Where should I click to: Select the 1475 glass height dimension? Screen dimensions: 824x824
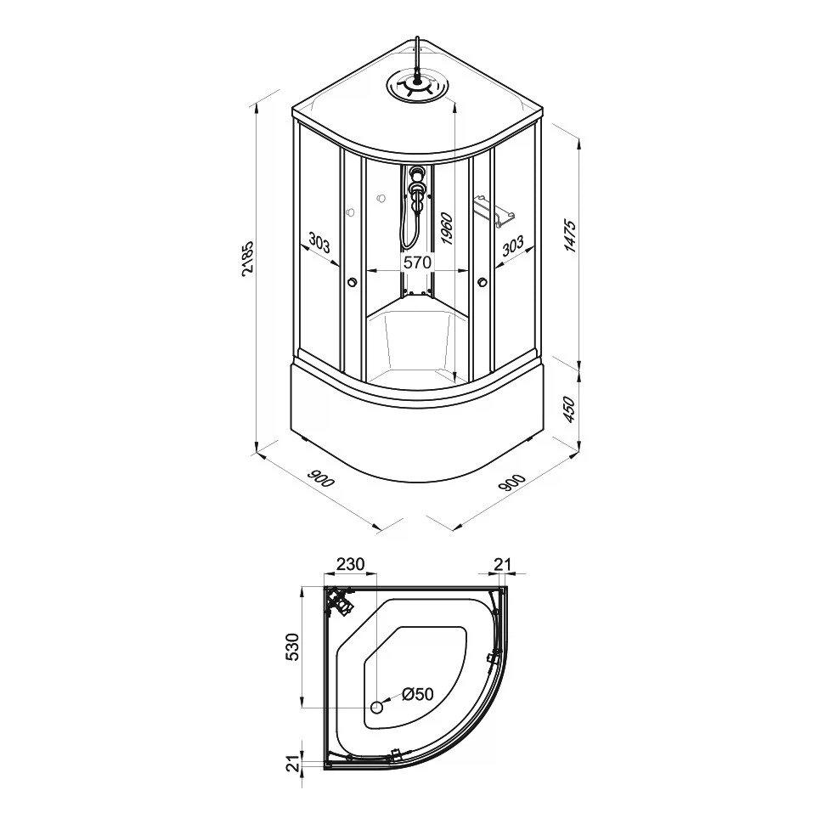point(571,236)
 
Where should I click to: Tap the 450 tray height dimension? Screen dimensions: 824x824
point(570,410)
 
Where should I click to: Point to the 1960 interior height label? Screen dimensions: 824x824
point(447,229)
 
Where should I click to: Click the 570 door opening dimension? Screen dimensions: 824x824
point(417,262)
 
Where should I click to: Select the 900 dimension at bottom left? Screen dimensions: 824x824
point(320,479)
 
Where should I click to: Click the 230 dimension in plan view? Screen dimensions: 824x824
point(350,564)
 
